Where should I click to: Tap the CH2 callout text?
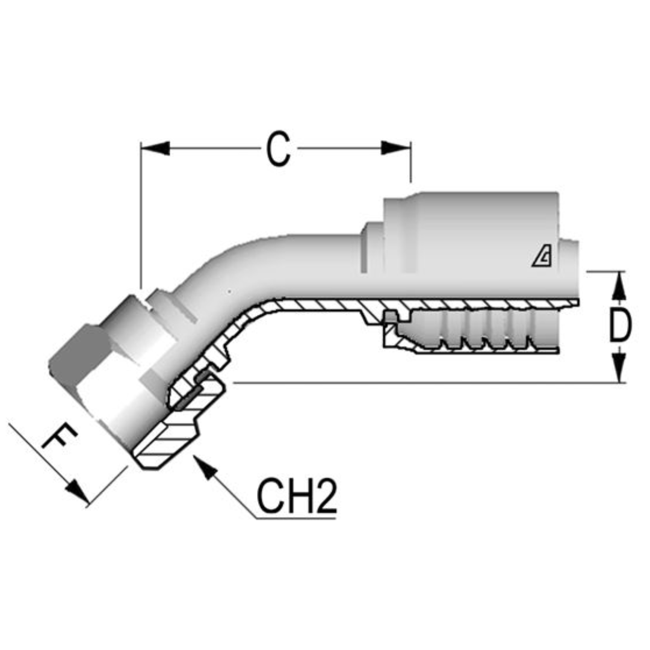(296, 497)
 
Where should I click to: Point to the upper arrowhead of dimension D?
(620, 285)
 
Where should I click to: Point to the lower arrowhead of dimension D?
(620, 368)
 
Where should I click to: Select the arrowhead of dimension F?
(78, 492)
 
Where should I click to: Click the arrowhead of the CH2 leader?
(205, 466)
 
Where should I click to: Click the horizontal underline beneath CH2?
(295, 518)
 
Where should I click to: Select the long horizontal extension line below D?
(421, 382)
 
